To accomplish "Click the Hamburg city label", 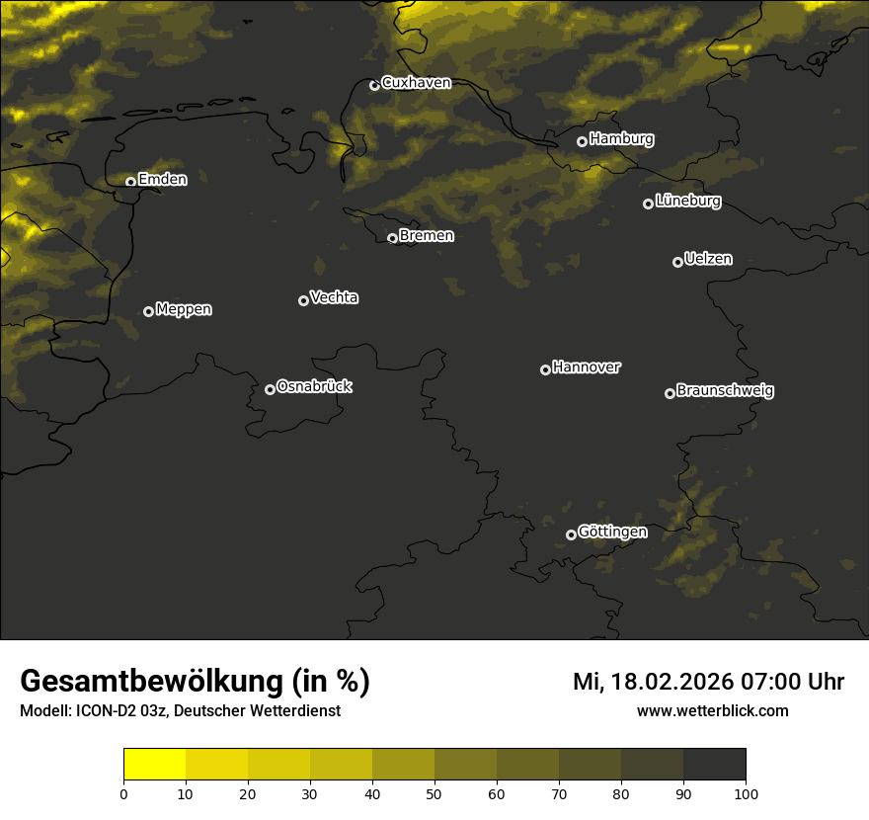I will click(621, 139).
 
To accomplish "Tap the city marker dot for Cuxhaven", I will click(374, 85).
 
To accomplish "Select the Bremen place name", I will click(427, 236).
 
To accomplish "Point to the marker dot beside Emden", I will click(130, 182).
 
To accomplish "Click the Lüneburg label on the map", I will click(687, 202).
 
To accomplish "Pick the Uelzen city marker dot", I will click(677, 262).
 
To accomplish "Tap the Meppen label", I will click(184, 309).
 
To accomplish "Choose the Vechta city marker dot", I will click(303, 300).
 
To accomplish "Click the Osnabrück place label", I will click(314, 386).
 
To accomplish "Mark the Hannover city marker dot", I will click(545, 369).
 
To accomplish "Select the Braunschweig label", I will click(725, 390).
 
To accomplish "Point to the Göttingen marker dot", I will click(571, 534).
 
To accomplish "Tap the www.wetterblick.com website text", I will click(712, 710).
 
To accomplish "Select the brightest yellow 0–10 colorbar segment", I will click(155, 765).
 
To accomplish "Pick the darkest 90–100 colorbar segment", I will click(714, 765).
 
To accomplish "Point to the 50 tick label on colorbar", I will click(434, 793).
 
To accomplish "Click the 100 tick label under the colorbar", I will click(746, 793).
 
